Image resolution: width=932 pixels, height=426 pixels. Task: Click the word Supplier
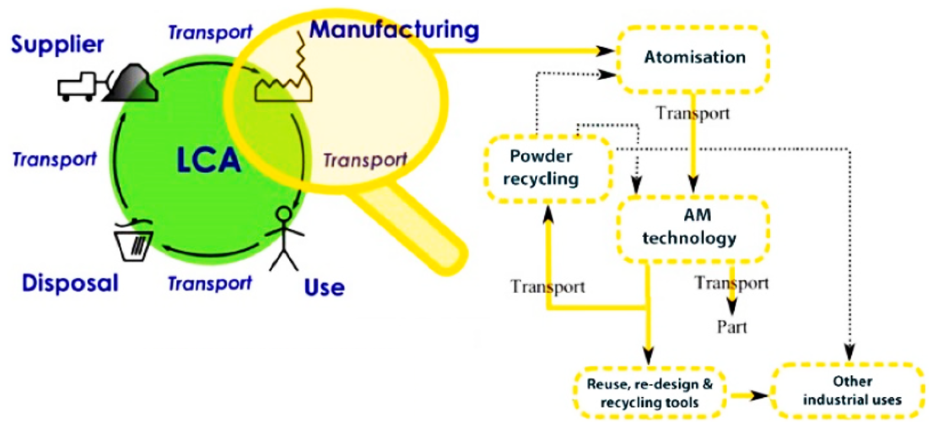(57, 45)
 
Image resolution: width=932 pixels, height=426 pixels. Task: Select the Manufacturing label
(394, 30)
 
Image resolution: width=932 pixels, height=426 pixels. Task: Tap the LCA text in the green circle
(209, 161)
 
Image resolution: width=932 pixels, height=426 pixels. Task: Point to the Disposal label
(70, 283)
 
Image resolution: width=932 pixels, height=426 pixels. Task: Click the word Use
(324, 287)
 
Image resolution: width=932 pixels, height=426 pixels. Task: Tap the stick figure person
(285, 239)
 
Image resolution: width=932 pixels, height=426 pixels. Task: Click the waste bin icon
(134, 242)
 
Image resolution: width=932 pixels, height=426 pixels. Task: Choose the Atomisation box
(693, 58)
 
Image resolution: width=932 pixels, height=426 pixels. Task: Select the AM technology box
(693, 227)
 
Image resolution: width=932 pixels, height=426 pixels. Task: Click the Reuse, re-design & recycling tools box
(649, 393)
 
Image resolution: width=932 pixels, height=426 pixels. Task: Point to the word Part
(732, 327)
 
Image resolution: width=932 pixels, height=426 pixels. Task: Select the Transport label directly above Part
(732, 283)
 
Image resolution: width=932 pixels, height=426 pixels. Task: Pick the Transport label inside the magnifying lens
(365, 160)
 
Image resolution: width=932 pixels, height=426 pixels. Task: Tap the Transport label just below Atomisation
(693, 113)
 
